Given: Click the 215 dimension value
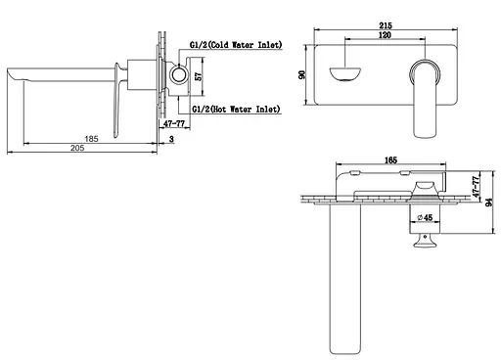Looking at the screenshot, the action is coord(386,25).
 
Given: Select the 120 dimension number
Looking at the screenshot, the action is coord(385,35).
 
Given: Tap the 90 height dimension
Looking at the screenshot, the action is coord(302,74).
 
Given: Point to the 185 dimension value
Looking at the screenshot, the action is coord(91,139).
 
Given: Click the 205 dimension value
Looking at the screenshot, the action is coord(77,148).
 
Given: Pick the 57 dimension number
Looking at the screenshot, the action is coord(198,76).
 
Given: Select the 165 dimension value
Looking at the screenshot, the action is coord(390,160).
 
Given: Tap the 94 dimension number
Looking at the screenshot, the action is coord(489,202).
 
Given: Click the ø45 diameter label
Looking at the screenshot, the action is coord(425,217).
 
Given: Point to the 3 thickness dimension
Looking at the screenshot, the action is coord(171,139).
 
